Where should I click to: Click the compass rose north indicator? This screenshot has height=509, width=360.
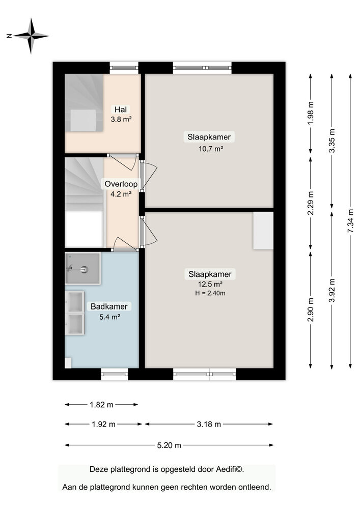click(9, 36)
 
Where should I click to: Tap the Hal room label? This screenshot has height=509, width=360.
click(121, 109)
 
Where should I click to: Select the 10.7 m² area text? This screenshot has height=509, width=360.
click(211, 149)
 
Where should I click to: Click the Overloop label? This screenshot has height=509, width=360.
click(121, 184)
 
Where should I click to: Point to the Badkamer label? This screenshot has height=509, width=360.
click(109, 306)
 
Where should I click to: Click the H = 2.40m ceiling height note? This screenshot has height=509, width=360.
click(210, 293)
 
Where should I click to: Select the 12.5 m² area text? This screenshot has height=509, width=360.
click(210, 285)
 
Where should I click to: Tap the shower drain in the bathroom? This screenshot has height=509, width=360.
click(85, 269)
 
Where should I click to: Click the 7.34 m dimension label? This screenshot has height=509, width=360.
click(350, 221)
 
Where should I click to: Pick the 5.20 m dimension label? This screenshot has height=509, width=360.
click(169, 445)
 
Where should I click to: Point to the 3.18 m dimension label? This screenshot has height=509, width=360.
click(209, 425)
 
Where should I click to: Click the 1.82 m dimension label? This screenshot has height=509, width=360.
click(102, 405)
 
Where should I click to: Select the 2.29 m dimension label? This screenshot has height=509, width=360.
click(311, 203)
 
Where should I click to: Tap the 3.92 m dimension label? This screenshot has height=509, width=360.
click(332, 291)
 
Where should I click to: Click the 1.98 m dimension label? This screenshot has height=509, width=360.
click(311, 113)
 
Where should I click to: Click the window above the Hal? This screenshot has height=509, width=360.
click(124, 68)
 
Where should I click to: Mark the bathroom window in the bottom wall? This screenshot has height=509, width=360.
click(115, 374)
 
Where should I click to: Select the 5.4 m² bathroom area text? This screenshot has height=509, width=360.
click(109, 317)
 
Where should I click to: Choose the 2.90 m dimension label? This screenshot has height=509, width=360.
click(311, 309)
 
